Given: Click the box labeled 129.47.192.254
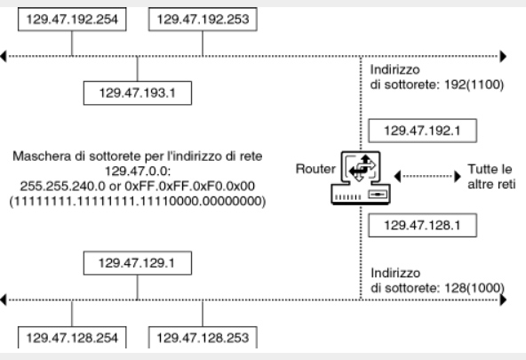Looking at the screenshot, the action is pos(72,20).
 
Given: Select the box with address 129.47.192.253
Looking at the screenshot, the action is pos(203,20).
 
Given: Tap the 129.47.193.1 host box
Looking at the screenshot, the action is pos(138,93).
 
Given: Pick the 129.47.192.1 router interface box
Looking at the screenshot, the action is pos(423,131).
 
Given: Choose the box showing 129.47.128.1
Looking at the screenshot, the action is pos(423,225).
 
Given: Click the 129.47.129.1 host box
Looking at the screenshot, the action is pos(138,263).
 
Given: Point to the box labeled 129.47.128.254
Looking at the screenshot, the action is pos(72,338).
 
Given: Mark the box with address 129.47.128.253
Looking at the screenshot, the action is pos(203,338).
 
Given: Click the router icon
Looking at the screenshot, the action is pos(361,178).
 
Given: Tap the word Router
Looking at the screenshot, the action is pos(315,169).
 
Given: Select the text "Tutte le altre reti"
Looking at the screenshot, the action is pos(491,177).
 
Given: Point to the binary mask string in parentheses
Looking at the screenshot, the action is pos(138,201).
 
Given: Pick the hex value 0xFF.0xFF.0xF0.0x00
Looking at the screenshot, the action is pos(190,186).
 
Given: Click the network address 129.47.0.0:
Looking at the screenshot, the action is pos(138,171).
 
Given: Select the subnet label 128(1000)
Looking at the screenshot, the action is pos(474,288).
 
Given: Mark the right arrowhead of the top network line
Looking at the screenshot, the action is pos(503,56).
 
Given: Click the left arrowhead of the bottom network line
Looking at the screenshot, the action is pos(4,300).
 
